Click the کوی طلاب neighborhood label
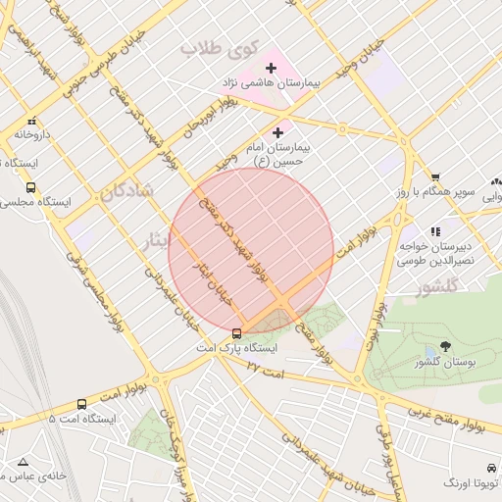[x=217, y=47]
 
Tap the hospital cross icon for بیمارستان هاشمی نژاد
[x=272, y=68]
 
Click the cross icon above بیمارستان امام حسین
[x=278, y=131]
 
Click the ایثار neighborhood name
[x=157, y=240]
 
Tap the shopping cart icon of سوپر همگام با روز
[x=435, y=176]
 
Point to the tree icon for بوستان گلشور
[x=445, y=346]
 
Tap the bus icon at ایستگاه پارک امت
[x=235, y=333]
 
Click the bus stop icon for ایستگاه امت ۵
[x=81, y=403]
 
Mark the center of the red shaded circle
[x=251, y=251]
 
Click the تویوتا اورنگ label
[x=472, y=483]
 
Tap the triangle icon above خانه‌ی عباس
[x=23, y=461]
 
